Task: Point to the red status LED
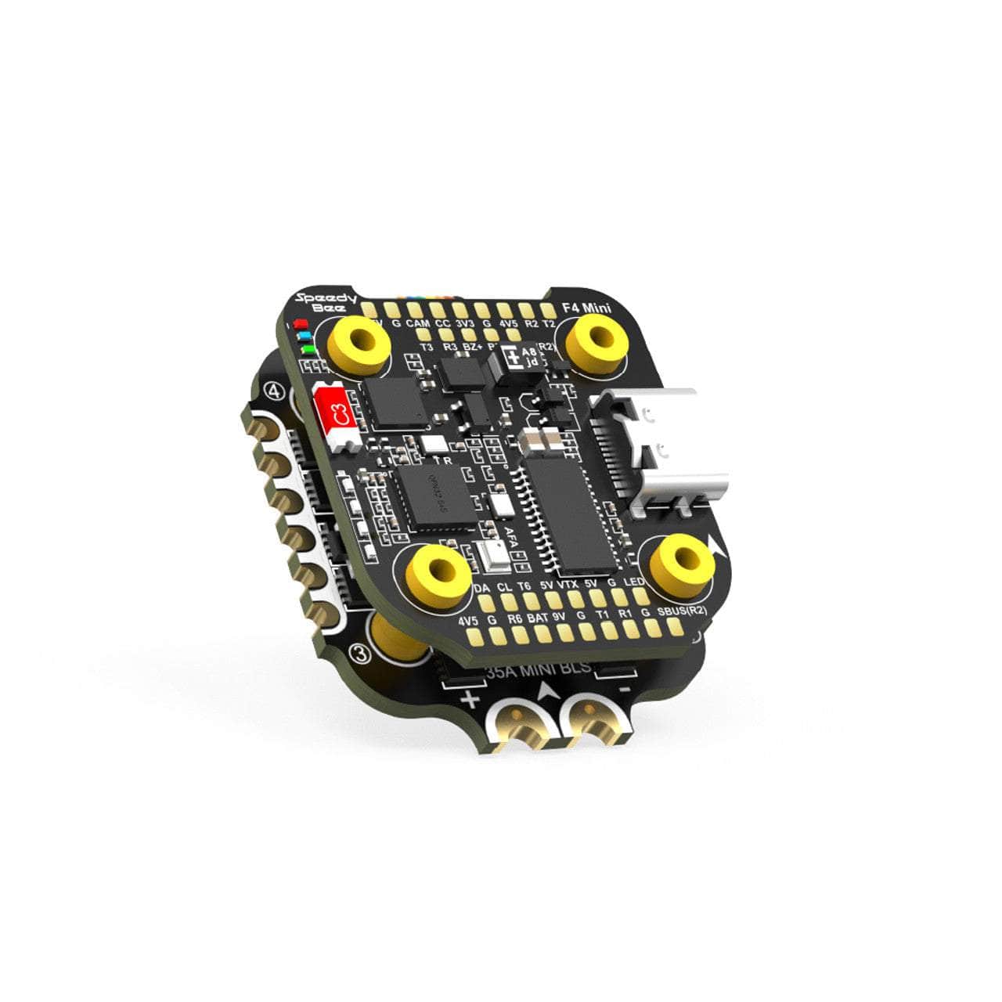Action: tap(299, 323)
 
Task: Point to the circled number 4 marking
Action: tap(275, 389)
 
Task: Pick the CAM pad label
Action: tap(418, 323)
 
